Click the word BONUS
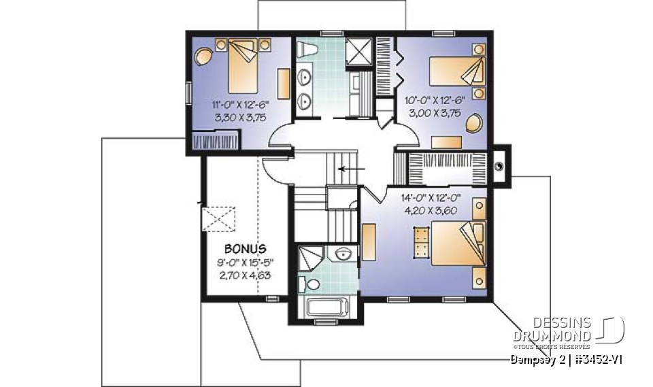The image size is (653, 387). pyautogui.click(x=245, y=249)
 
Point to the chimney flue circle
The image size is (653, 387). pyautogui.click(x=500, y=164)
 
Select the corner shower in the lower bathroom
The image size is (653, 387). pyautogui.click(x=310, y=259)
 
